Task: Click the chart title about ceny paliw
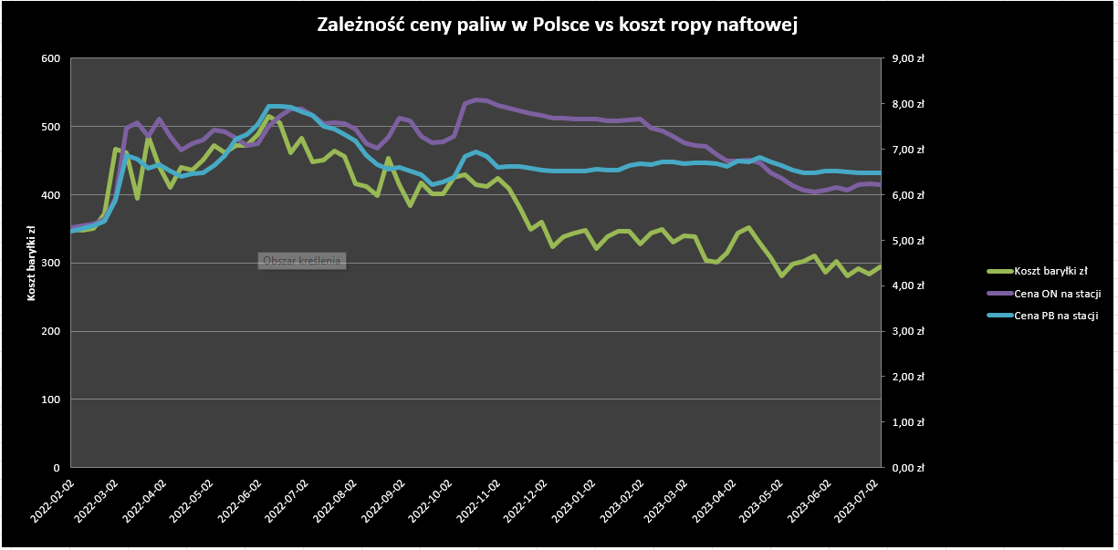click(x=558, y=26)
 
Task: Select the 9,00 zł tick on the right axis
click(x=907, y=59)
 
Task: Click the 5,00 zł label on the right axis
click(x=907, y=241)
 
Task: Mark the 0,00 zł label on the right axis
click(x=907, y=468)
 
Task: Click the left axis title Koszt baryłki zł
click(x=32, y=264)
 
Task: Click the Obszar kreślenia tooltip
click(x=301, y=261)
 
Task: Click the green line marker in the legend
click(x=998, y=271)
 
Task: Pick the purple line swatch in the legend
click(x=998, y=294)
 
